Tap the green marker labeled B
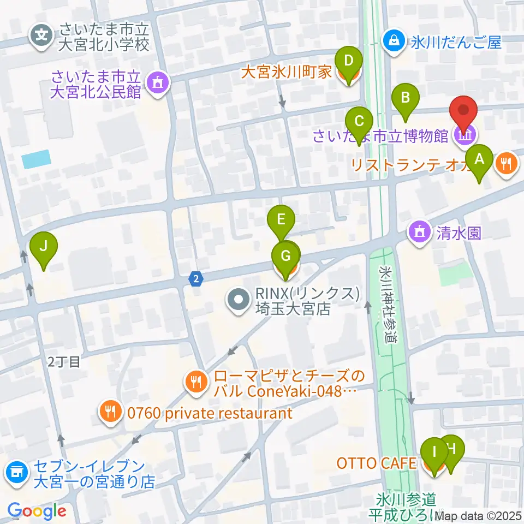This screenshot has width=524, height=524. (406, 98)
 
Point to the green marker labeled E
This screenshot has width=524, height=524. (281, 221)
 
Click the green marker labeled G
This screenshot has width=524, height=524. (286, 255)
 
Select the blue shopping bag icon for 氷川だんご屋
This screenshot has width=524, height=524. (392, 40)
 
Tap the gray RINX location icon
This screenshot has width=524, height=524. (239, 301)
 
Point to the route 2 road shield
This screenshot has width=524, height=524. (196, 278)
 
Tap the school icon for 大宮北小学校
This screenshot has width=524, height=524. (41, 36)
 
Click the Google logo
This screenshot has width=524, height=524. (37, 511)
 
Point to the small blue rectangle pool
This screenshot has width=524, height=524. (36, 159)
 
